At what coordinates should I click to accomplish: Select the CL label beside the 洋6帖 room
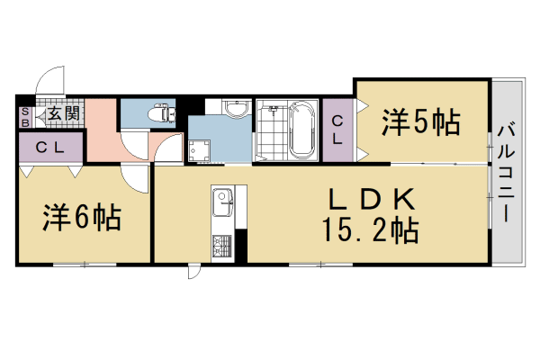49,148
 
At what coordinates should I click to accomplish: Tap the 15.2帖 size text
369,232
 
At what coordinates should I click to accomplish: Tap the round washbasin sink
236,110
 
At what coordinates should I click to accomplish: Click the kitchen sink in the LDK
222,206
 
